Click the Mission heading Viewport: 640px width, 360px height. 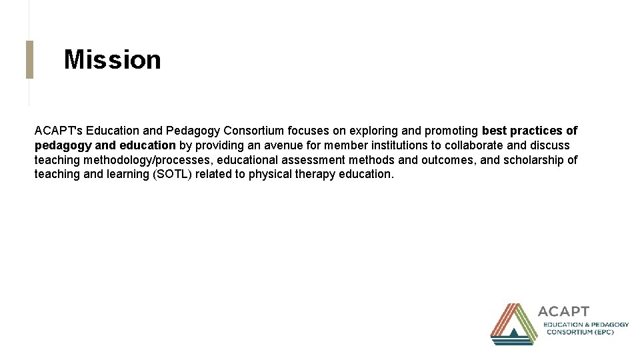coord(112,60)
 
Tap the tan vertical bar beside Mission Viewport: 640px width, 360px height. coord(29,59)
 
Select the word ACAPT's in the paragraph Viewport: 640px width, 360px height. coord(58,131)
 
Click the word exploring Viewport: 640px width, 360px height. coord(371,131)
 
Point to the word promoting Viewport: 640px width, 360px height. coord(451,131)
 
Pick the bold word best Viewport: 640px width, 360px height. coord(493,131)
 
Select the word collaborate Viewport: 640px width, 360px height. coord(474,145)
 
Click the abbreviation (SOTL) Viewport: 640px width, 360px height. coord(171,175)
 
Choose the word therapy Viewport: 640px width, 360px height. coord(314,175)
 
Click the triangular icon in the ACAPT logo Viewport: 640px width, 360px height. coord(514,324)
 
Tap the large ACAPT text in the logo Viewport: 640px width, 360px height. coord(563,311)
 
